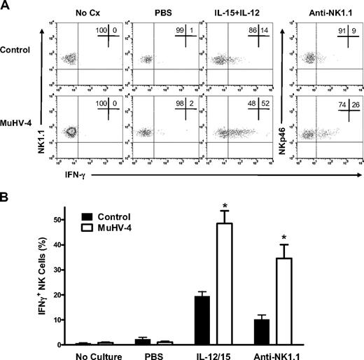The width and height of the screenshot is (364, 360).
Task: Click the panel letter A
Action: point(6,6)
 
